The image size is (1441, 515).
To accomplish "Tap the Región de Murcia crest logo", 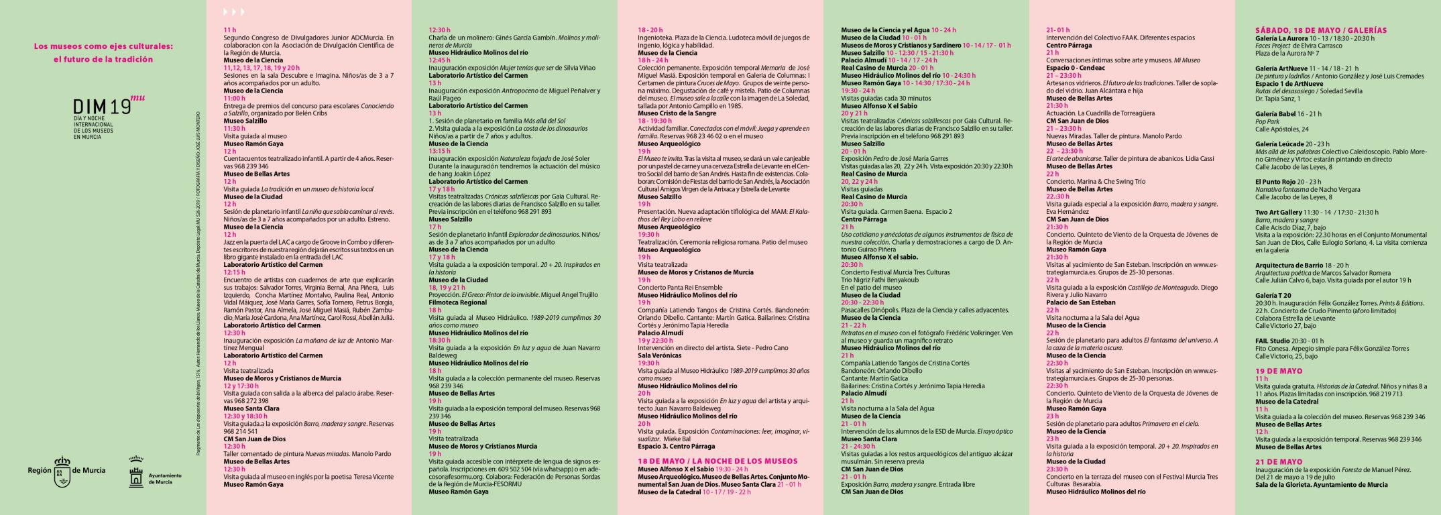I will pyautogui.click(x=62, y=471).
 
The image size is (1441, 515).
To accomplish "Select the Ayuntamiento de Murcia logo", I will pyautogui.click(x=137, y=472).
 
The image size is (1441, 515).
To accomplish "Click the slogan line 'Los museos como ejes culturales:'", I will pyautogui.click(x=104, y=46).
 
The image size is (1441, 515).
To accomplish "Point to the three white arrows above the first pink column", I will pyautogui.click(x=234, y=12).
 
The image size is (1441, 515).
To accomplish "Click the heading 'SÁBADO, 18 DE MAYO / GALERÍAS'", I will pyautogui.click(x=1320, y=30).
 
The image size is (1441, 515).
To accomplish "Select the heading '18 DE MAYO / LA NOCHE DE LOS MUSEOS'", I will pyautogui.click(x=717, y=461).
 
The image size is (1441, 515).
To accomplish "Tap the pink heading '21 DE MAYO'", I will pyautogui.click(x=1279, y=462).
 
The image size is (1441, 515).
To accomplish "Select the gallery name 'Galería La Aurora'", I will pyautogui.click(x=1282, y=38).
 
